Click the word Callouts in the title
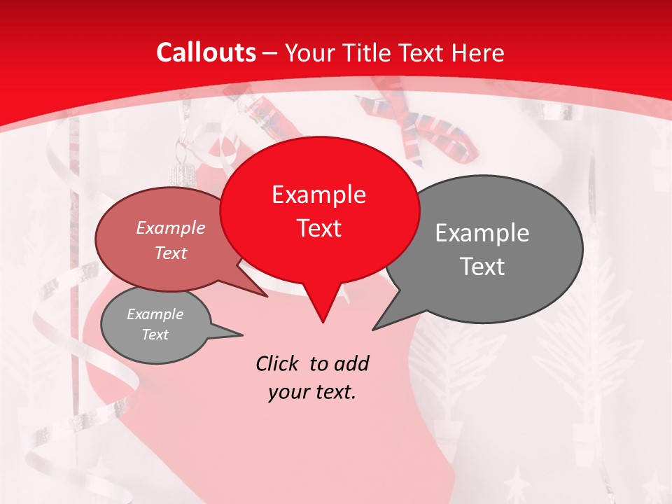tap(206, 52)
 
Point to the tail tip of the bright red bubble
tap(323, 322)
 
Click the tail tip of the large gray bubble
tap(373, 329)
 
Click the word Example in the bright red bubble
tap(318, 194)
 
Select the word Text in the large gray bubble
tap(483, 266)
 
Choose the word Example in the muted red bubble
tap(171, 227)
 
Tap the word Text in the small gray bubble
tap(155, 335)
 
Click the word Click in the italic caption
tap(279, 363)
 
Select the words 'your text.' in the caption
tap(312, 392)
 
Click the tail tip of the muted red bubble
tap(267, 297)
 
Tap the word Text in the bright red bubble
tap(319, 228)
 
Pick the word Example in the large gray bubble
tap(482, 232)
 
